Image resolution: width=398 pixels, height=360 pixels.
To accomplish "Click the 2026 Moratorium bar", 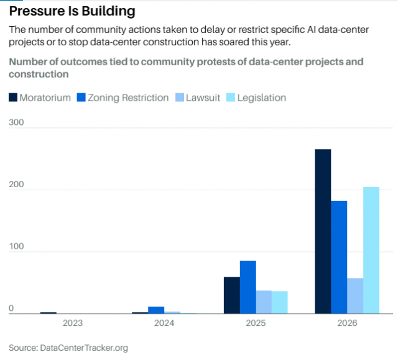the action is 323,231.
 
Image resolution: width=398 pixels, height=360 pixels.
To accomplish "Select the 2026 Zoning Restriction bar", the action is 339,257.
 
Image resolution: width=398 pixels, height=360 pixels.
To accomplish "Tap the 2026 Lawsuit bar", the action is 355,296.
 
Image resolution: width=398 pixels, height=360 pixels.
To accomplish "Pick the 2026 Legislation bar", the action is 371,251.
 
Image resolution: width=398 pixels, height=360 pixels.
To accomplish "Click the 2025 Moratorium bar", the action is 232,295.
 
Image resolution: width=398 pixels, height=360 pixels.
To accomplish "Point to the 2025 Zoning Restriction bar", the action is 248,287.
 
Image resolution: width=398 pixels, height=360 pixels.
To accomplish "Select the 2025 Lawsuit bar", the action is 264,302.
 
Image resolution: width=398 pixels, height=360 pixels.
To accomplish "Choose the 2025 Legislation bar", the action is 280,302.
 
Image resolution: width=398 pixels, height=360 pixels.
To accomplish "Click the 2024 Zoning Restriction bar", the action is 156,310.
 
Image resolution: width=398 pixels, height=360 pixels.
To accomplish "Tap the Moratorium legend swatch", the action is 13,98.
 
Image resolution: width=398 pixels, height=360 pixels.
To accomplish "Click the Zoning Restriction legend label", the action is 128,98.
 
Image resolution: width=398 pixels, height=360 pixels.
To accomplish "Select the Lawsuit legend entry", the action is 198,98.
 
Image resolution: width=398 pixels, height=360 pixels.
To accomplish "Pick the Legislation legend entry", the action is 256,98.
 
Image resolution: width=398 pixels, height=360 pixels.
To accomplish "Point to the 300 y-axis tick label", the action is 16,122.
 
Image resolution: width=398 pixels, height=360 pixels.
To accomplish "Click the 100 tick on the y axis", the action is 16,246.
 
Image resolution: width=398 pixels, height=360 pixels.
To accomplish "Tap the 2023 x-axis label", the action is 73,323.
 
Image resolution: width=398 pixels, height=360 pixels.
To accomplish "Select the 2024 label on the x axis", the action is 164,323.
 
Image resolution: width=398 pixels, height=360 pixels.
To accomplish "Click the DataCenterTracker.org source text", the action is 84,348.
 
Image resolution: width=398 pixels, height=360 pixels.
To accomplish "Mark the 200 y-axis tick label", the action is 16,185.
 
